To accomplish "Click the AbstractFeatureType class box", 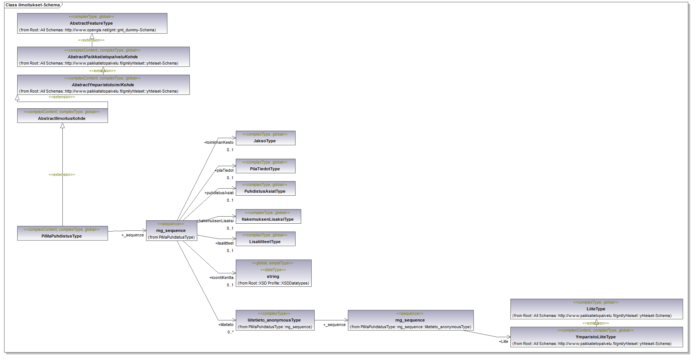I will [92, 24].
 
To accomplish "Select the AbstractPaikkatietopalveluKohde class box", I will [103, 57].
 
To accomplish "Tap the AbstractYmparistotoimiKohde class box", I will [103, 85].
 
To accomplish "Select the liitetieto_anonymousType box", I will [275, 320].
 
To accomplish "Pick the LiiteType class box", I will [596, 309].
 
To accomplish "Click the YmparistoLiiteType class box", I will [596, 337].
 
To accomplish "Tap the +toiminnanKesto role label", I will [219, 142].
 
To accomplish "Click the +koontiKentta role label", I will [221, 277].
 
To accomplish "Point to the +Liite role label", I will [503, 341].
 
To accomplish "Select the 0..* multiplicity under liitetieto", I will [231, 332].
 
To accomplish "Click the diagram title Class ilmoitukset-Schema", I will [33, 5].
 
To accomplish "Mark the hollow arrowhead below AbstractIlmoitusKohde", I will [62, 126].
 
